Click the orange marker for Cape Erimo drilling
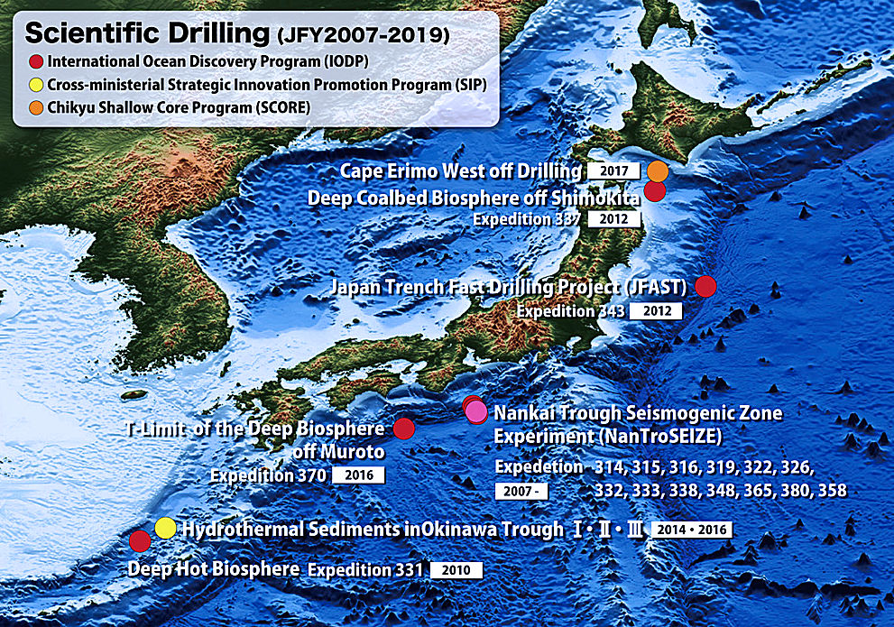click(x=659, y=171)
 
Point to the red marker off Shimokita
click(x=654, y=190)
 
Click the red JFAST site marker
click(x=705, y=286)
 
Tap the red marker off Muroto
click(x=404, y=429)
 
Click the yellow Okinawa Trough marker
click(x=164, y=528)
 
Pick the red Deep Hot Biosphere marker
click(x=140, y=541)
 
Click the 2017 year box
click(x=613, y=171)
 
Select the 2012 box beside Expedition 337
click(x=613, y=219)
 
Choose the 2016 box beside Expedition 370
click(x=358, y=475)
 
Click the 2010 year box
click(x=456, y=570)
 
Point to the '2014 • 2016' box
click(x=691, y=530)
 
